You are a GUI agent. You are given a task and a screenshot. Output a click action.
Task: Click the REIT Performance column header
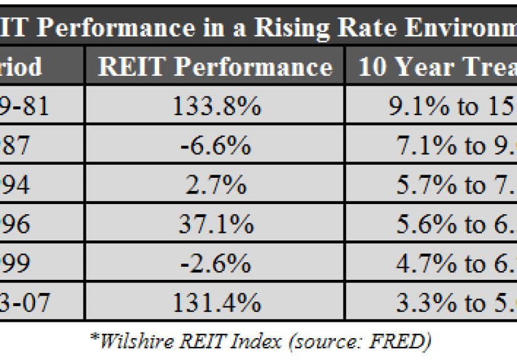(215, 67)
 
